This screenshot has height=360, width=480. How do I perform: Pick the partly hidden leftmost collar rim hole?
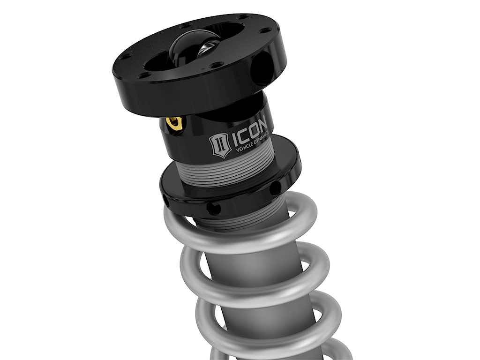pos(167,201)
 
